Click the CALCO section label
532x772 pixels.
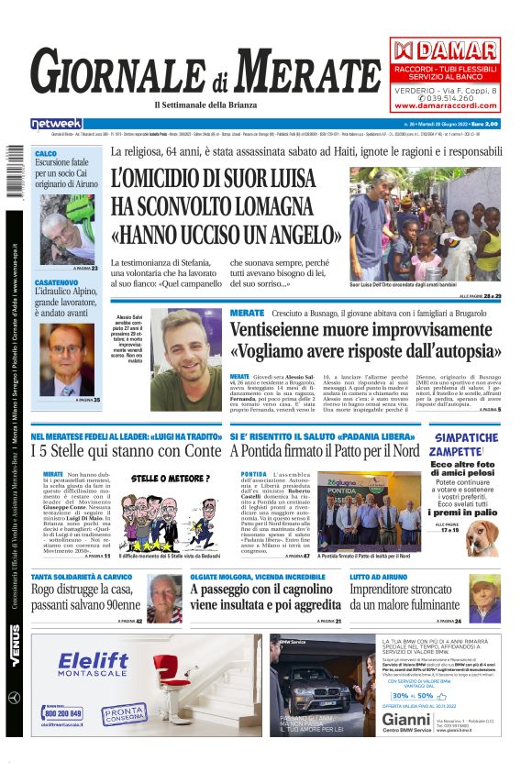pos(46,154)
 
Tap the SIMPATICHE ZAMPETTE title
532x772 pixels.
pos(467,444)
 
